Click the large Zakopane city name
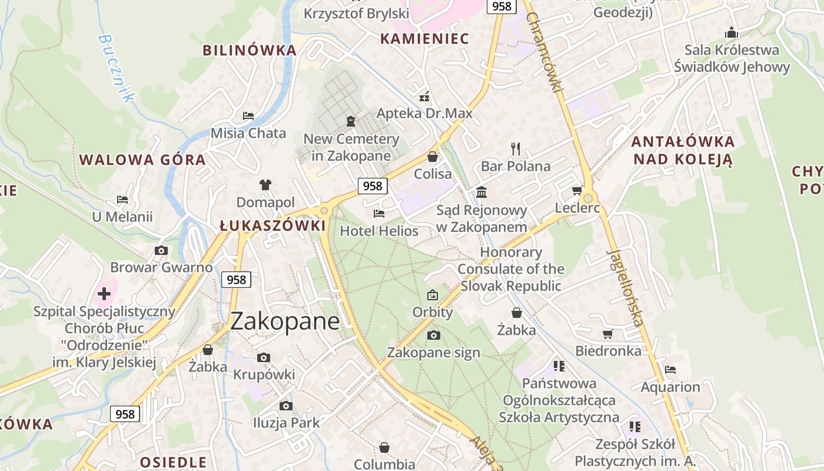click(x=285, y=321)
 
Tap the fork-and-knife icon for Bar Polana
click(x=516, y=148)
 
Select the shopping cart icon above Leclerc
click(x=577, y=190)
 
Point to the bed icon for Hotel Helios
click(x=379, y=214)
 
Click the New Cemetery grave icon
click(x=351, y=121)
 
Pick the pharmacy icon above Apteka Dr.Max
click(x=424, y=97)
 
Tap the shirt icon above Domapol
click(x=265, y=185)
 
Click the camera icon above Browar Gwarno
click(x=161, y=250)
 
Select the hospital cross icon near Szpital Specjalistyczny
click(x=104, y=293)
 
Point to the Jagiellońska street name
click(x=624, y=288)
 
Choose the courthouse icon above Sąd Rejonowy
click(x=481, y=193)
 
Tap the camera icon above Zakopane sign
click(x=434, y=336)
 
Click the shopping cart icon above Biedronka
click(x=608, y=334)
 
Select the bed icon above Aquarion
click(x=670, y=370)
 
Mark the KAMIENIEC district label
click(x=424, y=39)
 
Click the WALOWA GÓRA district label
click(x=142, y=160)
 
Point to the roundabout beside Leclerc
click(x=587, y=198)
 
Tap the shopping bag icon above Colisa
click(x=433, y=157)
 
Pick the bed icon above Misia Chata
click(x=248, y=115)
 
